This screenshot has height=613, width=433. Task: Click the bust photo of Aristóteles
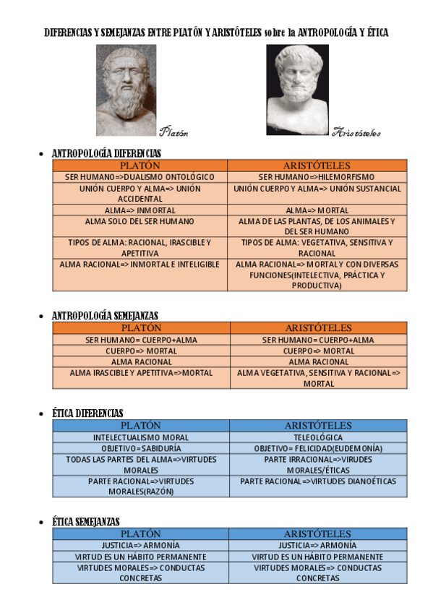coord(297,90)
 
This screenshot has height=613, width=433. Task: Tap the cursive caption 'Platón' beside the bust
coord(173,132)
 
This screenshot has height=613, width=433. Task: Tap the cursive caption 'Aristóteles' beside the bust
coord(356,132)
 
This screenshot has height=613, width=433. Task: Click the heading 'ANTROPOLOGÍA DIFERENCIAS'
coord(106,153)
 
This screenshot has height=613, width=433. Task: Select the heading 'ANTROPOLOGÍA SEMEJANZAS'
coord(105,316)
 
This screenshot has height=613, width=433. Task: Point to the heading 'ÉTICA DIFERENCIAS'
coord(87,413)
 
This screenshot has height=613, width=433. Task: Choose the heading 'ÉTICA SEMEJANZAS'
coord(86,521)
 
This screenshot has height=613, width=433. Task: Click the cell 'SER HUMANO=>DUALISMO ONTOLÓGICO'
coord(140,177)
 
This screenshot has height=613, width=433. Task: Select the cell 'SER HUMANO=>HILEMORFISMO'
coord(317,177)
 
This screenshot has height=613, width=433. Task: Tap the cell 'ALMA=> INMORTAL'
coord(140,210)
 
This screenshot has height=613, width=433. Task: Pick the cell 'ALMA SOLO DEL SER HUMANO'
coord(140,221)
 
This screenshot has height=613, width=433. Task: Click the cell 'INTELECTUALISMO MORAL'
coord(141,437)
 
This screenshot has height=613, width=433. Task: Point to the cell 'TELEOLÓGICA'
coord(318,437)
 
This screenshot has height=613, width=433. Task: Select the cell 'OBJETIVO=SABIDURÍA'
coord(141,448)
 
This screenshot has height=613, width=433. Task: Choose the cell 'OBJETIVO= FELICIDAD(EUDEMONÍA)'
coord(318,448)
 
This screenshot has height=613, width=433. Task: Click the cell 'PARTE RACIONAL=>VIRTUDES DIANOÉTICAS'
coord(318,481)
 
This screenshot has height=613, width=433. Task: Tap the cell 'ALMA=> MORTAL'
coord(317,210)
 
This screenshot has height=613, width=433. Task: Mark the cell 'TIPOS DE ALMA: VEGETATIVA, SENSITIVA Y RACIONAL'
coord(317,248)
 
